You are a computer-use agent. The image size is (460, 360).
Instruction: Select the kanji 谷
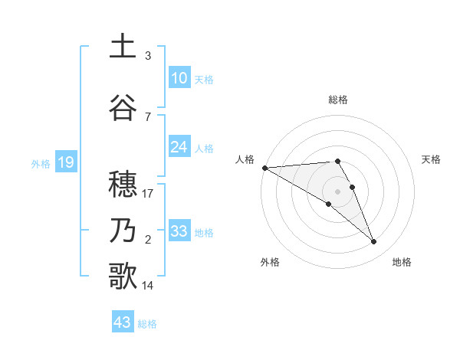123,107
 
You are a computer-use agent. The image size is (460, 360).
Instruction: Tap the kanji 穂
123,185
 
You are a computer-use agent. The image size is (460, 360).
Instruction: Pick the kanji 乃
123,231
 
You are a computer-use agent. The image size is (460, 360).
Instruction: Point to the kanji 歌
123,277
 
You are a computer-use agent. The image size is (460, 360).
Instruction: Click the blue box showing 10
179,78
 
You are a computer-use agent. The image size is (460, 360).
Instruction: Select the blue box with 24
179,147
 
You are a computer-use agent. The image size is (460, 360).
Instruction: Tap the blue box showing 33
179,231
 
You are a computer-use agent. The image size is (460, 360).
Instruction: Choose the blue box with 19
65,162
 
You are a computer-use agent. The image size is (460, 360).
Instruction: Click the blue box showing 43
123,322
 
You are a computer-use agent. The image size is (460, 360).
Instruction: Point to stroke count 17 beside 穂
148,194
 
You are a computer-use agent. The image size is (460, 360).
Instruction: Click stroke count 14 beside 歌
148,286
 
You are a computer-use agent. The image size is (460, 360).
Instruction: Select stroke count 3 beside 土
148,56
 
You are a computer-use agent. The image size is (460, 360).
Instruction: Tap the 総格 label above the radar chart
338,100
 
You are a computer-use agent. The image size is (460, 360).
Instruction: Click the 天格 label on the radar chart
432,159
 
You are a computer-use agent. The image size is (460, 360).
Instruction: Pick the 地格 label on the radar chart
402,262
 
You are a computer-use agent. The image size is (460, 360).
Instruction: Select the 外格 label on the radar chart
270,262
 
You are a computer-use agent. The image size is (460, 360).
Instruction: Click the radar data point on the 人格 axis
264,167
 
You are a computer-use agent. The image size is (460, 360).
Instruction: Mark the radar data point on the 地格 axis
374,242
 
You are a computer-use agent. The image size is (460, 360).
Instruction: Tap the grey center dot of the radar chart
338,191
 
